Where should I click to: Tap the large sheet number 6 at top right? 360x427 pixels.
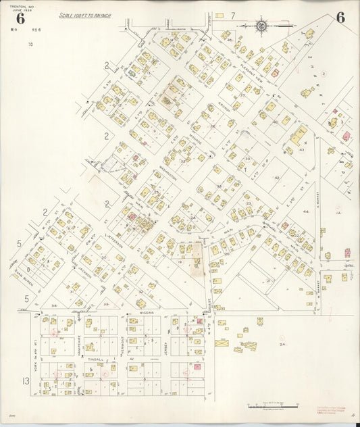tap(340, 18)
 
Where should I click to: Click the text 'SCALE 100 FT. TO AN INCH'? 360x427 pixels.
tap(84, 15)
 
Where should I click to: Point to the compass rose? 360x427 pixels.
tap(261, 26)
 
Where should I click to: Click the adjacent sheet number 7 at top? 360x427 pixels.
tap(232, 15)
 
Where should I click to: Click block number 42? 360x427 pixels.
tap(277, 178)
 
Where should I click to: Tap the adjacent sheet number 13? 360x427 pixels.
tap(26, 382)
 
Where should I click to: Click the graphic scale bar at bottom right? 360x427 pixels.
tap(274, 406)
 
